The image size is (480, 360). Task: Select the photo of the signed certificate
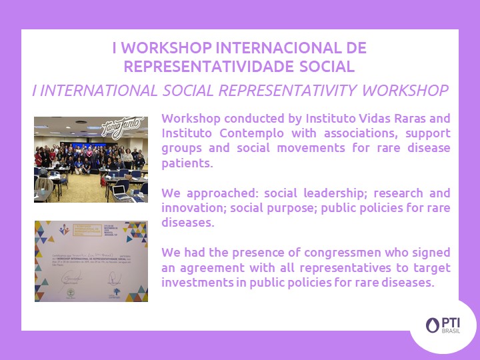pos(91,261)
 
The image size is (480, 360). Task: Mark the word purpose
pos(292,208)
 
